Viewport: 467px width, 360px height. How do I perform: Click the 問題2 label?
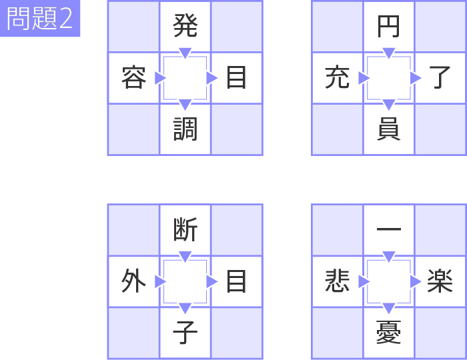point(39,19)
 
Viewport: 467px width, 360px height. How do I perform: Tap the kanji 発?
point(185,26)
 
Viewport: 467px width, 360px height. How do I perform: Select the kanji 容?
point(133,77)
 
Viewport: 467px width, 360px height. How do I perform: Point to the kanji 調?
point(185,129)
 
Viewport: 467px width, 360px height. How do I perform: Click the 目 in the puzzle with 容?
point(236,77)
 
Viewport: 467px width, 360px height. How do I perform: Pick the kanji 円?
point(388,27)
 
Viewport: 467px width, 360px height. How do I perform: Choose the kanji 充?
point(337,77)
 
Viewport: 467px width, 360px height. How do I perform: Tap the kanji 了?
point(440,77)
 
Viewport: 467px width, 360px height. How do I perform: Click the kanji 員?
point(388,129)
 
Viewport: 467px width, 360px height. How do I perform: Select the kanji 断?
point(185,229)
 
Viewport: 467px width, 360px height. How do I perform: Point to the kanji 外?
point(133,281)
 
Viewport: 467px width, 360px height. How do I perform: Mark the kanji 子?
point(185,332)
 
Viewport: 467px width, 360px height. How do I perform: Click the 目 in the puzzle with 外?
point(236,281)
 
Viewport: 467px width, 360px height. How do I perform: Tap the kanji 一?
point(389,229)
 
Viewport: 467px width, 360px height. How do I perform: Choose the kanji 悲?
point(337,281)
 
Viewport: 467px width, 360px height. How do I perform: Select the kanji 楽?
point(440,281)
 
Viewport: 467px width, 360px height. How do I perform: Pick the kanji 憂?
point(388,332)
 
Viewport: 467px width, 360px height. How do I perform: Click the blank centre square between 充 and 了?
point(389,78)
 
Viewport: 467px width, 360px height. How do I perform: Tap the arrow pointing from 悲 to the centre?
point(364,281)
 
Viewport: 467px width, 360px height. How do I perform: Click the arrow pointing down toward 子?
point(185,308)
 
